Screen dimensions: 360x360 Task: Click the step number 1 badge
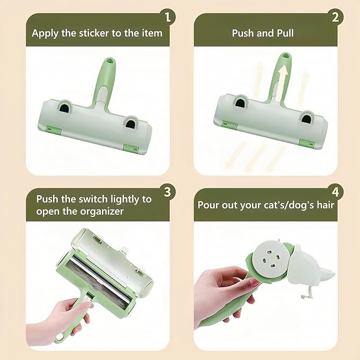[168, 16]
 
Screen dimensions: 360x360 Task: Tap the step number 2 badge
[335, 16]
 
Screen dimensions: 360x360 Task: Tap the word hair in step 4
[323, 205]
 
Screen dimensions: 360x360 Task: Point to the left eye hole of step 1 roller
[64, 108]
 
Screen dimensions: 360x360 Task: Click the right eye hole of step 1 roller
[130, 124]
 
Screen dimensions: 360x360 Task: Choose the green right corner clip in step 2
[304, 142]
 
